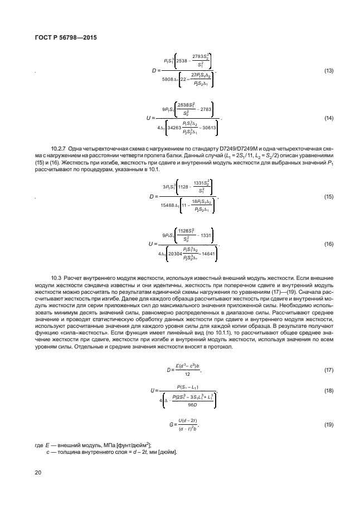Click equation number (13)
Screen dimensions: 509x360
click(329, 71)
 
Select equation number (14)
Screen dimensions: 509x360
click(329, 118)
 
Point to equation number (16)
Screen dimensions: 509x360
click(329, 244)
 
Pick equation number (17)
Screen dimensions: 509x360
click(329, 370)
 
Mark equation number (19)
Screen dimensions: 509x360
click(329, 425)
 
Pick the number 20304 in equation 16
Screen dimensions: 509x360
click(177, 253)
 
